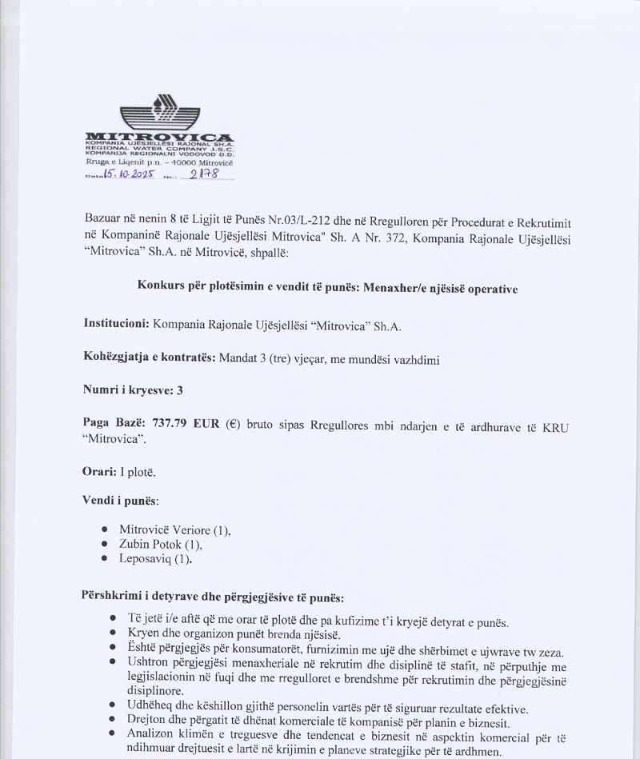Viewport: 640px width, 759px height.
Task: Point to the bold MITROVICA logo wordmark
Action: click(159, 138)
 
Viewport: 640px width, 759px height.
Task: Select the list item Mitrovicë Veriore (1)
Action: click(174, 529)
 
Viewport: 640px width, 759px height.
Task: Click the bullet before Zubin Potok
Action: click(106, 545)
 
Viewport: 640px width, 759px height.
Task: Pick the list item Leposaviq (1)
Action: click(155, 559)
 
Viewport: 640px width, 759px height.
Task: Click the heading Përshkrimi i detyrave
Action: click(212, 597)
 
